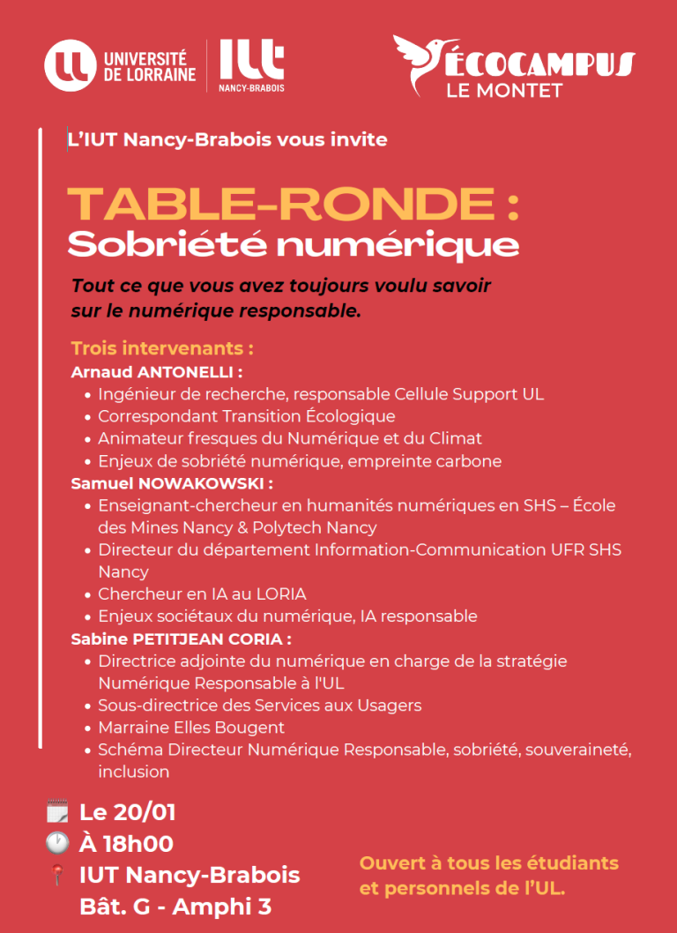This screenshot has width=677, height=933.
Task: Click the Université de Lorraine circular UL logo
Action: point(70,65)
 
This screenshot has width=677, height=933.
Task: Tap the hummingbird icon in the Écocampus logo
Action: point(421,62)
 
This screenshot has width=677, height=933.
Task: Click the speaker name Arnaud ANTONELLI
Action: point(156,371)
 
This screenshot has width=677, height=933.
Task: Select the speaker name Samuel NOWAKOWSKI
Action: point(171,483)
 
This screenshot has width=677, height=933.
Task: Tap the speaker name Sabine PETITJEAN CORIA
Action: point(181,638)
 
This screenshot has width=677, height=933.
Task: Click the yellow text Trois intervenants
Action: point(162,347)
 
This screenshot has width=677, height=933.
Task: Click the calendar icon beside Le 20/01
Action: point(57,811)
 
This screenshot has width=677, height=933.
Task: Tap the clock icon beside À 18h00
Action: point(57,843)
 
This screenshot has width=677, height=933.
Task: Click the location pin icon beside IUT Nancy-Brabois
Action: point(57,876)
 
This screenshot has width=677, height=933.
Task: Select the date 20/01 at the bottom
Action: point(146,811)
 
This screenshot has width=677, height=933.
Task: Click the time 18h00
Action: point(138,843)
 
